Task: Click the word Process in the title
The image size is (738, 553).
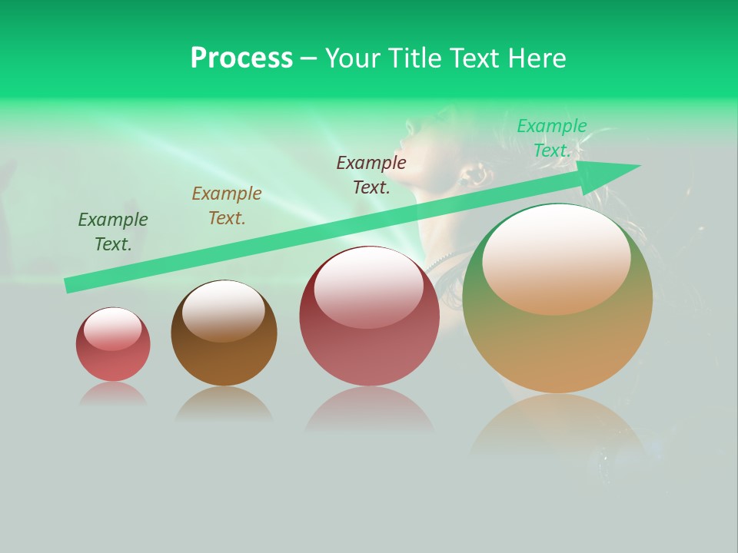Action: pyautogui.click(x=241, y=58)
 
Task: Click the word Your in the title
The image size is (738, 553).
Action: pyautogui.click(x=354, y=58)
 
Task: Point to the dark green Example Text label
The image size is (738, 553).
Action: pyautogui.click(x=113, y=232)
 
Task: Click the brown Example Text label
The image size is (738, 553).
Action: pyautogui.click(x=227, y=206)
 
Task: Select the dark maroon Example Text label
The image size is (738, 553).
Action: pyautogui.click(x=371, y=175)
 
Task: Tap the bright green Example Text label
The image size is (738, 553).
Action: pyautogui.click(x=552, y=138)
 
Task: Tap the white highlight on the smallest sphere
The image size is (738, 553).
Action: pyautogui.click(x=112, y=329)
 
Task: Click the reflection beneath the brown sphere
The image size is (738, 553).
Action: pyautogui.click(x=224, y=403)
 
